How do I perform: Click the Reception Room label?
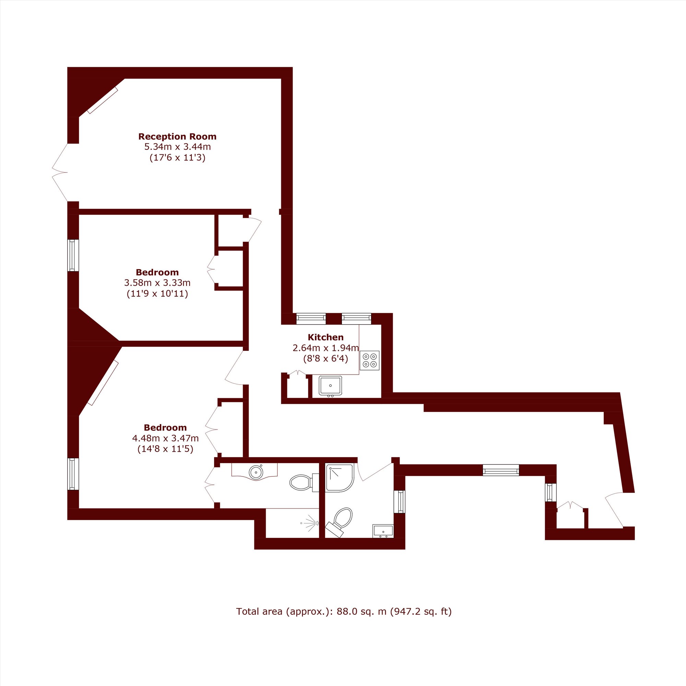tap(177, 137)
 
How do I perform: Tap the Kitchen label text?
tap(326, 337)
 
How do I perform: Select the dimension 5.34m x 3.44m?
tap(177, 147)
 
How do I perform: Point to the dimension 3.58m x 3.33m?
tap(157, 283)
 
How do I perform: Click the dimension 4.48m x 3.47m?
tap(165, 438)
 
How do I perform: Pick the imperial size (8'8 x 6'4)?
tap(326, 358)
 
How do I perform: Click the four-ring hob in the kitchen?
tap(370, 360)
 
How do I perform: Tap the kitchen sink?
tap(330, 386)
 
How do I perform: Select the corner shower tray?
tap(340, 478)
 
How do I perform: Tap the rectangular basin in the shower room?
tap(383, 531)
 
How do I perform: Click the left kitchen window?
tap(311, 319)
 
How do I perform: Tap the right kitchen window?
tap(356, 319)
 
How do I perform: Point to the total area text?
tap(344, 612)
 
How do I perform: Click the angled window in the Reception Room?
tap(102, 100)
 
